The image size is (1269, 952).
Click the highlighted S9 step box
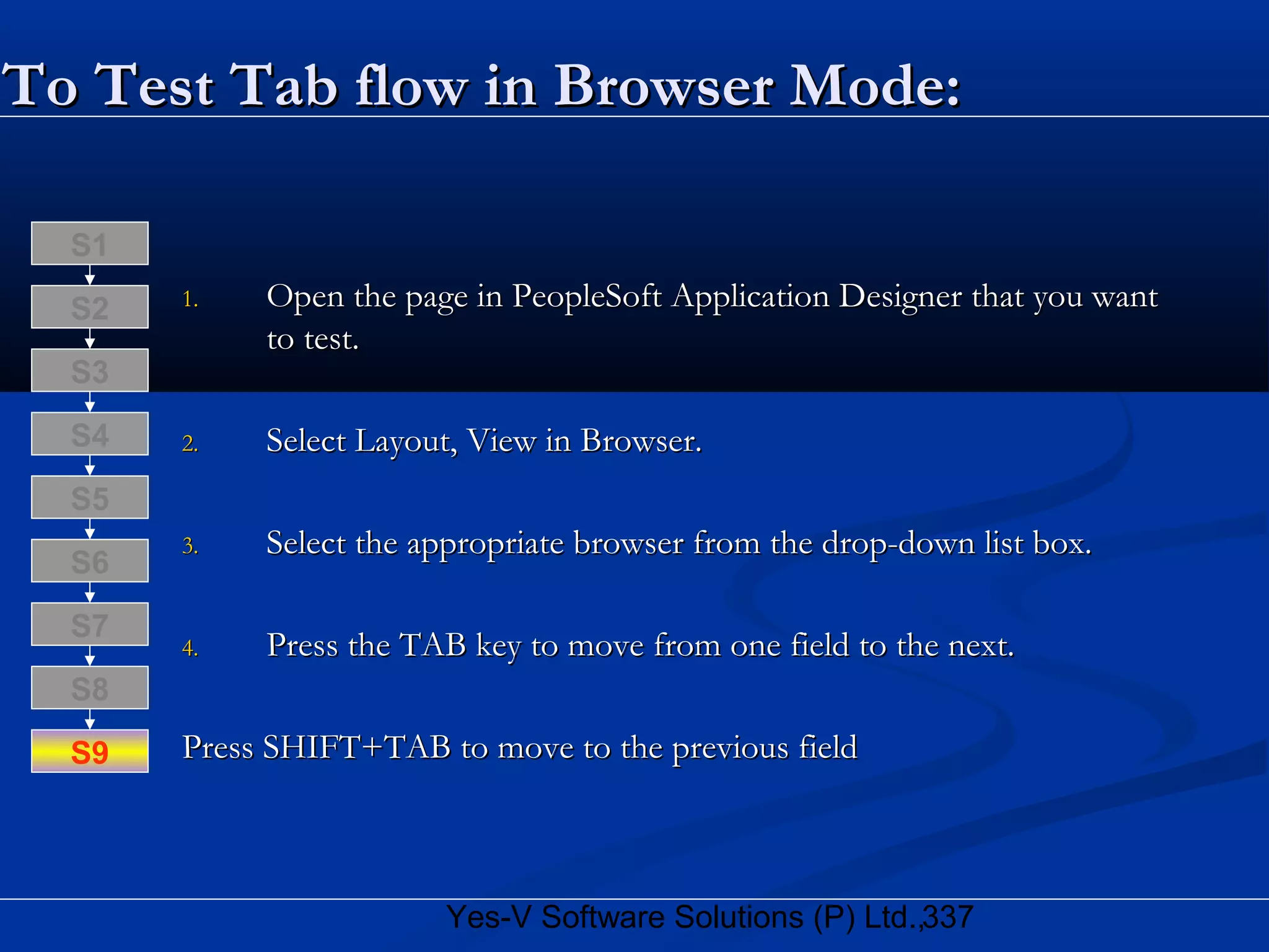pyautogui.click(x=90, y=751)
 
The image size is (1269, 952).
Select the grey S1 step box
pyautogui.click(x=90, y=244)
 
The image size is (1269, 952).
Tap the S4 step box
pyautogui.click(x=90, y=434)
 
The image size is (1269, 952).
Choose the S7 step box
pyautogui.click(x=90, y=624)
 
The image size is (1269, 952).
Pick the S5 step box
pyautogui.click(x=90, y=498)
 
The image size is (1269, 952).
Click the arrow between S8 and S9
pyautogui.click(x=90, y=719)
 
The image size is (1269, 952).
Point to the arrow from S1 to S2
pyautogui.click(x=90, y=275)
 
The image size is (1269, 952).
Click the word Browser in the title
pyautogui.click(x=664, y=86)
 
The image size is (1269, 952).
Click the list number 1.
pyautogui.click(x=190, y=300)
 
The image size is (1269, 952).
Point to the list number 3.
pyautogui.click(x=190, y=546)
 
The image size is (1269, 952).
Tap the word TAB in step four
pyautogui.click(x=433, y=645)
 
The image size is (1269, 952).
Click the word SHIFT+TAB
pyautogui.click(x=357, y=747)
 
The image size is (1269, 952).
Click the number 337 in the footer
pyautogui.click(x=948, y=917)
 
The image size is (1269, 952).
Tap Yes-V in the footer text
pyautogui.click(x=489, y=917)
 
